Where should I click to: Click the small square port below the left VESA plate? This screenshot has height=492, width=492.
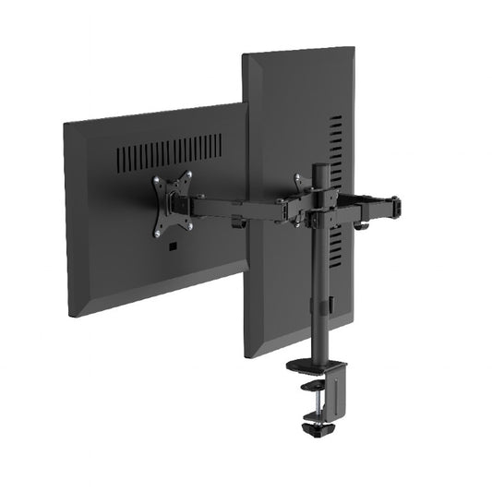[172, 246]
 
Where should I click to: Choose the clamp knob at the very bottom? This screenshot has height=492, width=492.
[316, 428]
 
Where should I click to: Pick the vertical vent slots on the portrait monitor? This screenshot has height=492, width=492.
[336, 185]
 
